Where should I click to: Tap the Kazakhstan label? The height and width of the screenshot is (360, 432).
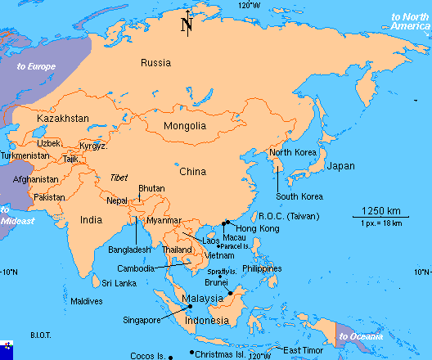(x=62, y=119)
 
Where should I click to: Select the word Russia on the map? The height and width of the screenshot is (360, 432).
(x=155, y=63)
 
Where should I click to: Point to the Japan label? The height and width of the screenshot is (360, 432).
(x=340, y=166)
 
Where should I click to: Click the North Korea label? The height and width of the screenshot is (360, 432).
(x=293, y=152)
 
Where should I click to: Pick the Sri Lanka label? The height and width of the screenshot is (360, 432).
(x=119, y=283)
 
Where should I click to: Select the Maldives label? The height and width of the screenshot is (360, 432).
(x=87, y=301)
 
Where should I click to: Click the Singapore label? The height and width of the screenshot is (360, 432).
(x=142, y=320)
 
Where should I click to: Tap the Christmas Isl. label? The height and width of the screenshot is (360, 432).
(x=220, y=354)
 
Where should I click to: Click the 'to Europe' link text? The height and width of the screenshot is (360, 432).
(x=35, y=65)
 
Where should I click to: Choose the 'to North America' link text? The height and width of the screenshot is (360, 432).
(x=409, y=21)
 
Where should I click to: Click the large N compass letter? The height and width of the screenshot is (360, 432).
(x=187, y=26)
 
